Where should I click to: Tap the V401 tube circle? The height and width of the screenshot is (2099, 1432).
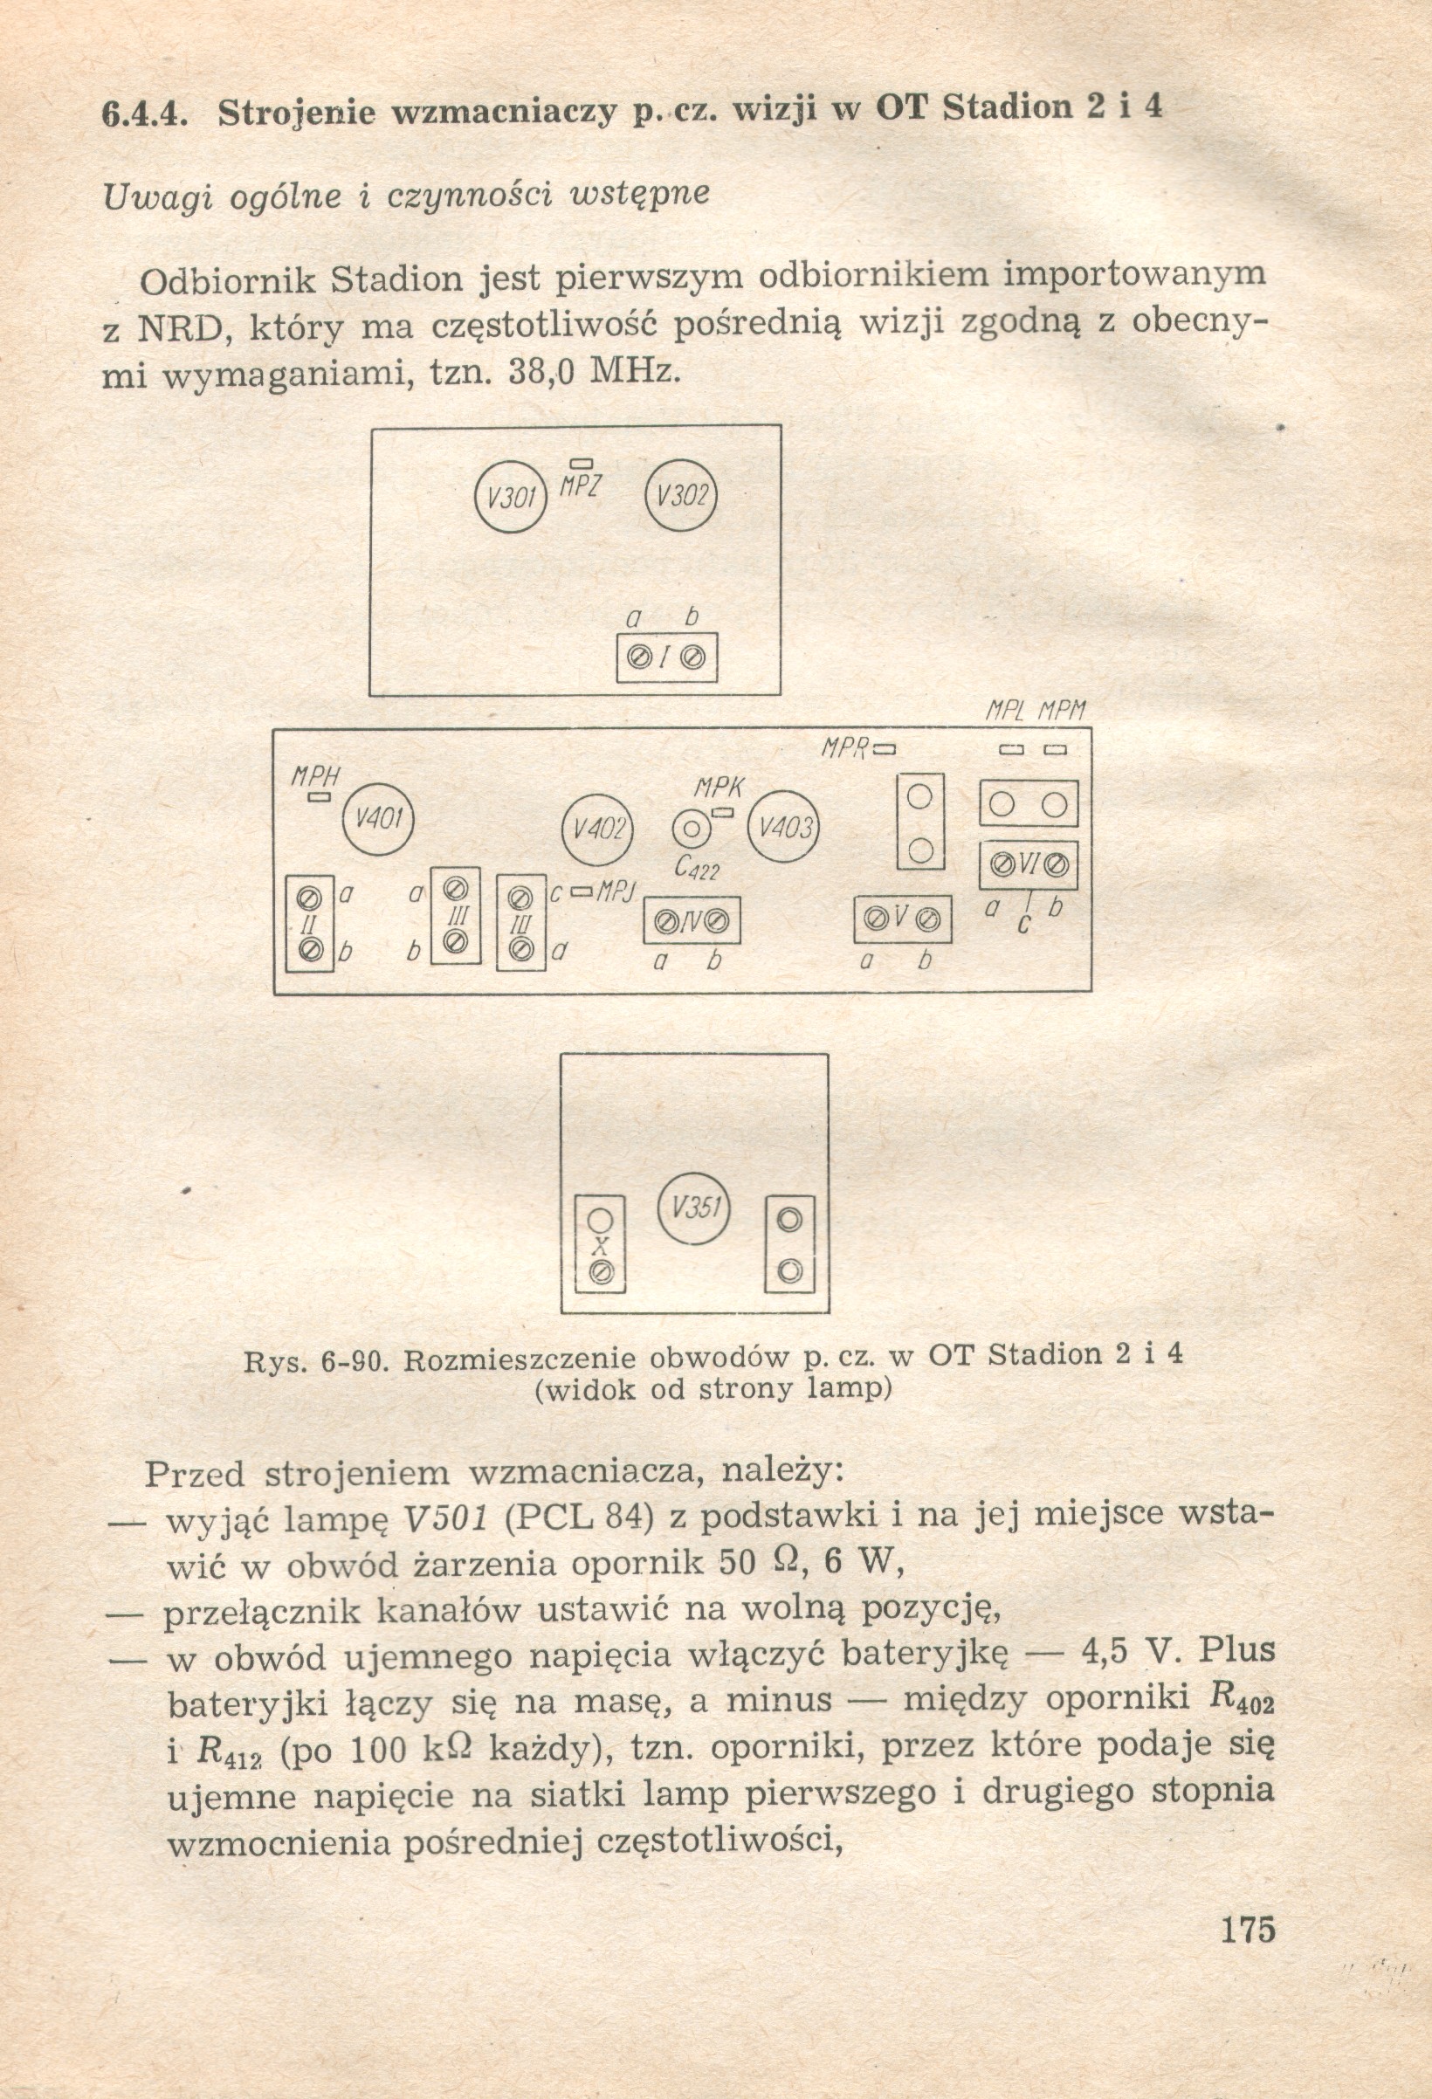[379, 818]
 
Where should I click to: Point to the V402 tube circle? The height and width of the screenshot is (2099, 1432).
[597, 829]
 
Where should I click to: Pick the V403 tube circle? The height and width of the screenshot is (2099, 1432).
[783, 828]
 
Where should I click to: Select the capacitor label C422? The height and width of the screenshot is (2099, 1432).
[697, 869]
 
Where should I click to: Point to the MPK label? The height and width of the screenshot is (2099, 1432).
[719, 788]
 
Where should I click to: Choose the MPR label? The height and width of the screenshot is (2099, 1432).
[844, 748]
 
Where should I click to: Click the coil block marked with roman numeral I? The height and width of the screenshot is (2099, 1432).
[667, 658]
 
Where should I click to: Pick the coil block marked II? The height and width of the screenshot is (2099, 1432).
[310, 924]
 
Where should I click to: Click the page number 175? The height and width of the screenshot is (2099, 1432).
[1247, 1928]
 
